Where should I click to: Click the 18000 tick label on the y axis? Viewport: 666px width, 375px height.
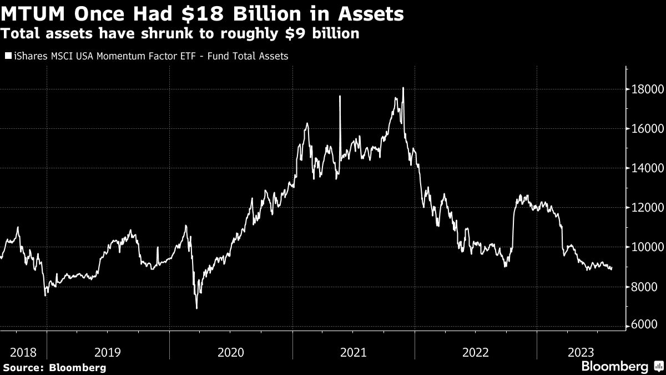pyautogui.click(x=644, y=89)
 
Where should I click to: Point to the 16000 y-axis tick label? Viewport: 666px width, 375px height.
pyautogui.click(x=644, y=129)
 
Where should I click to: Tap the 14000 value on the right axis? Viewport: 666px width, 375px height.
pyautogui.click(x=644, y=168)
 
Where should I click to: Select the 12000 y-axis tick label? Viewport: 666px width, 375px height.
pyautogui.click(x=644, y=208)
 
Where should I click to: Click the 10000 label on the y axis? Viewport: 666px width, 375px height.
pyautogui.click(x=644, y=247)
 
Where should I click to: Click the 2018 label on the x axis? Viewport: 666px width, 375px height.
pyautogui.click(x=23, y=352)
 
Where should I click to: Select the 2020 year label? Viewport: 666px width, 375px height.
pyautogui.click(x=230, y=352)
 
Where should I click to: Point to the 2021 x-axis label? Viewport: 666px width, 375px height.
pyautogui.click(x=354, y=352)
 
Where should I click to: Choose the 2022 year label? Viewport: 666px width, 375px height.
pyautogui.click(x=476, y=352)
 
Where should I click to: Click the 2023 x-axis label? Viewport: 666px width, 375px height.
pyautogui.click(x=581, y=352)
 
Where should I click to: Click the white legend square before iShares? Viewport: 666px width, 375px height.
pyautogui.click(x=8, y=56)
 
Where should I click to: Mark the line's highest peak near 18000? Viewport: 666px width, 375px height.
pyautogui.click(x=403, y=88)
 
